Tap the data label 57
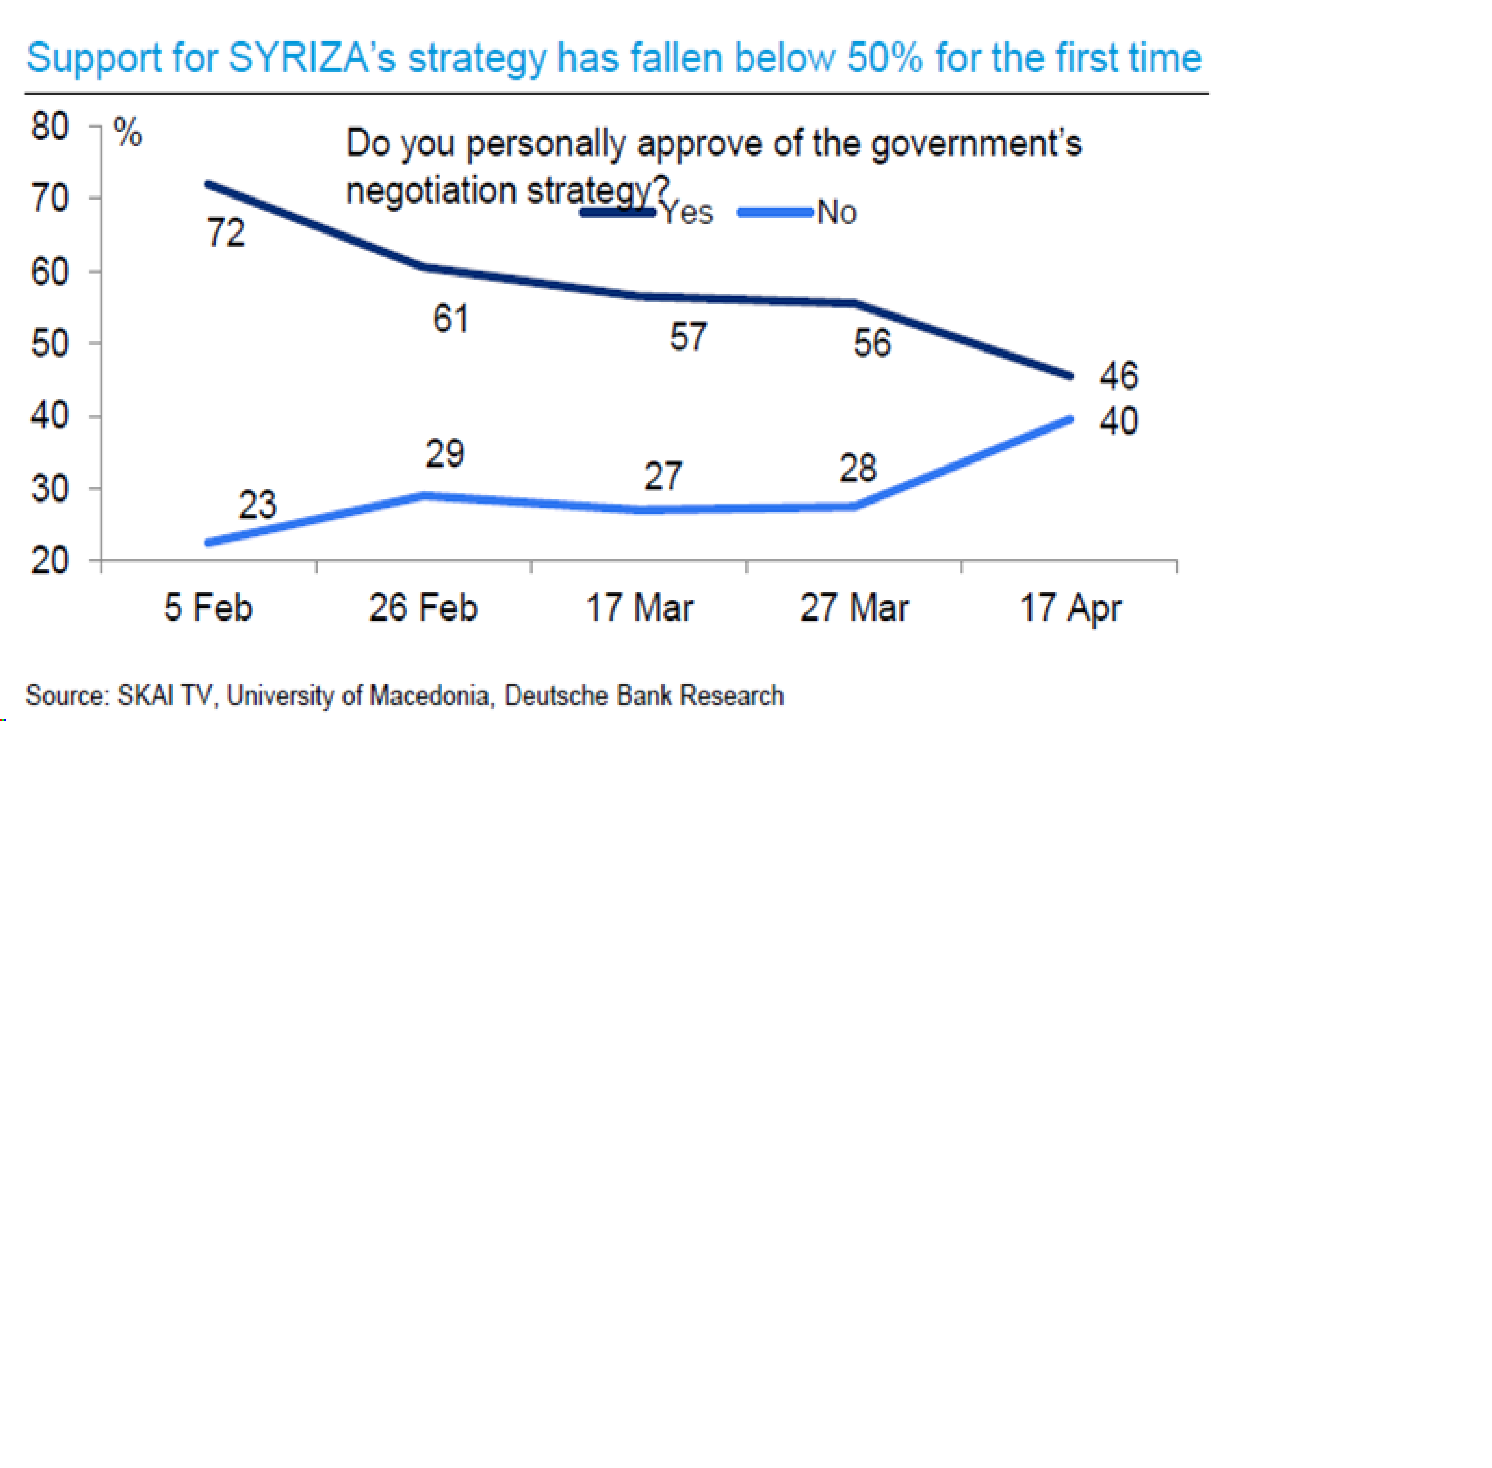687,337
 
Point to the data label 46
1118,375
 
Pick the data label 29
445,453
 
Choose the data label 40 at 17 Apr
1118,421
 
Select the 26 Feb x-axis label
422,608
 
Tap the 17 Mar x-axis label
639,608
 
